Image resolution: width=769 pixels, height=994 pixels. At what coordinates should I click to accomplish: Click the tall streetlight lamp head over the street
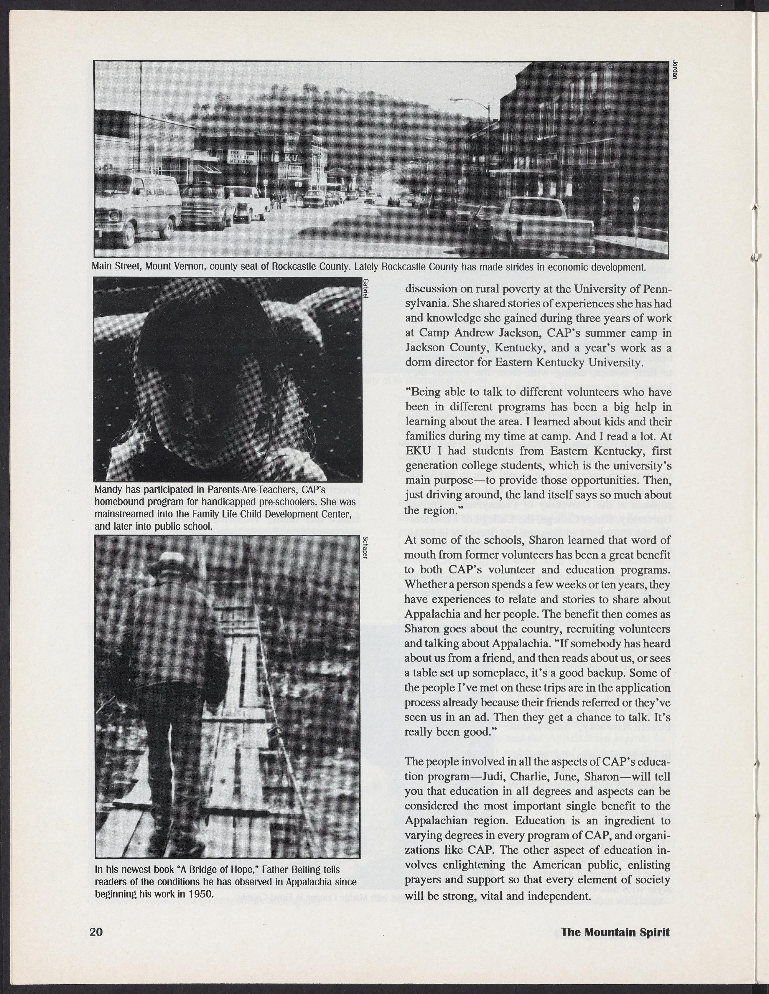pyautogui.click(x=455, y=100)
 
